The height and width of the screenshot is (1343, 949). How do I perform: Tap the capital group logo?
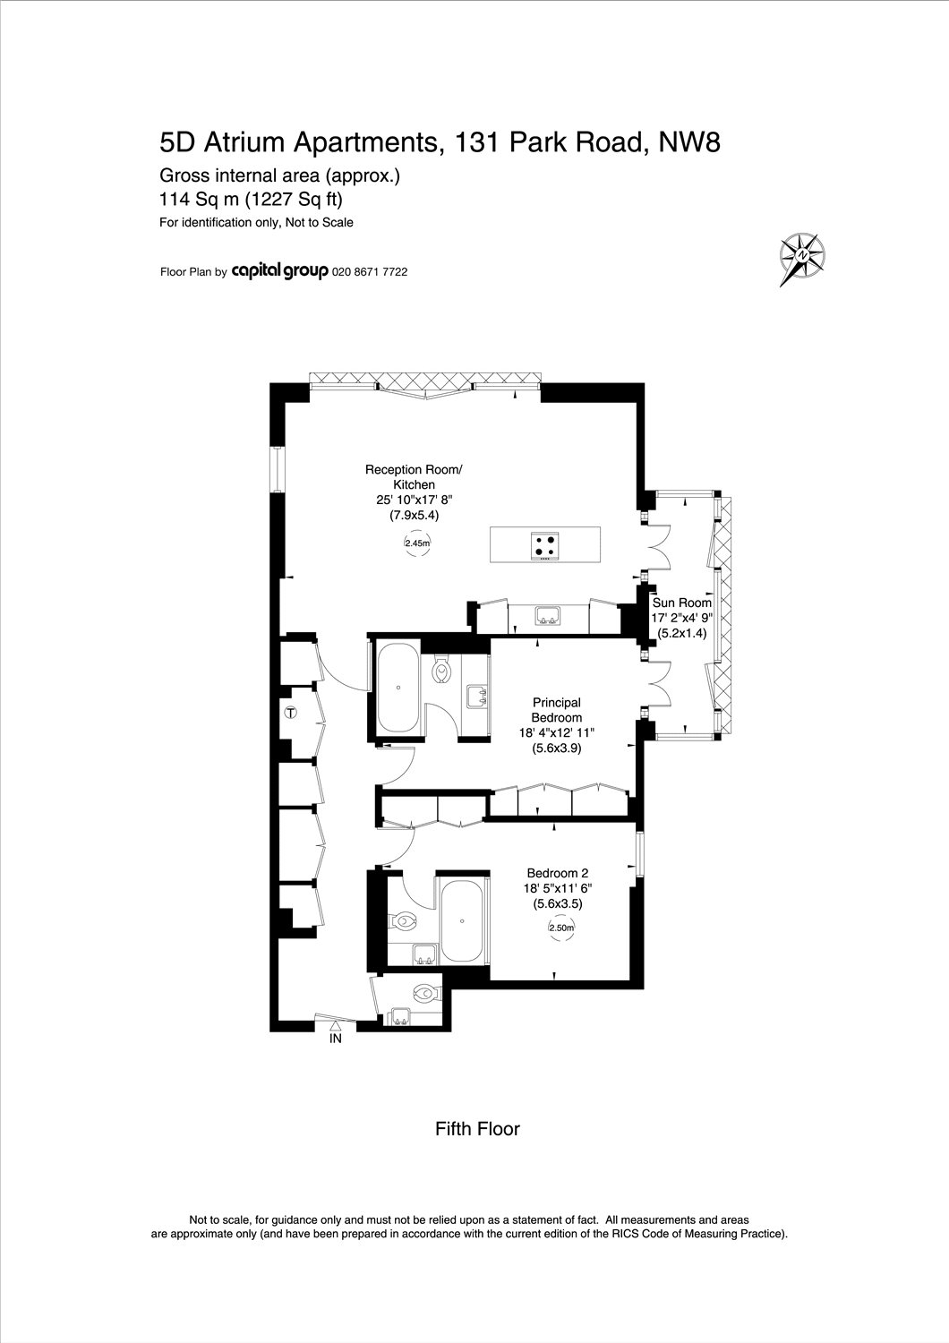click(279, 271)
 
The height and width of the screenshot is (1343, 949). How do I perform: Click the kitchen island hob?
click(545, 545)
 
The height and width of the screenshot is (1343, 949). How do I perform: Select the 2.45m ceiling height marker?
click(417, 543)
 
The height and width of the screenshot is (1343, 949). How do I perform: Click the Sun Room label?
click(681, 603)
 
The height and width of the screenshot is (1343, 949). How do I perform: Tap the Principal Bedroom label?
click(557, 710)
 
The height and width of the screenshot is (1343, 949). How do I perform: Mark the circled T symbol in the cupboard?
click(291, 713)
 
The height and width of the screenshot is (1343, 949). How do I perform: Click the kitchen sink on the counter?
click(549, 615)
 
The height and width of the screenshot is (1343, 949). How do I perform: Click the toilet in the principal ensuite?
click(442, 671)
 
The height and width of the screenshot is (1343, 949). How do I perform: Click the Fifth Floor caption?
click(477, 1129)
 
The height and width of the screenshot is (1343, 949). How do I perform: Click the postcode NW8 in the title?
click(689, 142)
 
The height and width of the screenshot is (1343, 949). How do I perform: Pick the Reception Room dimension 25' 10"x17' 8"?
click(414, 500)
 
